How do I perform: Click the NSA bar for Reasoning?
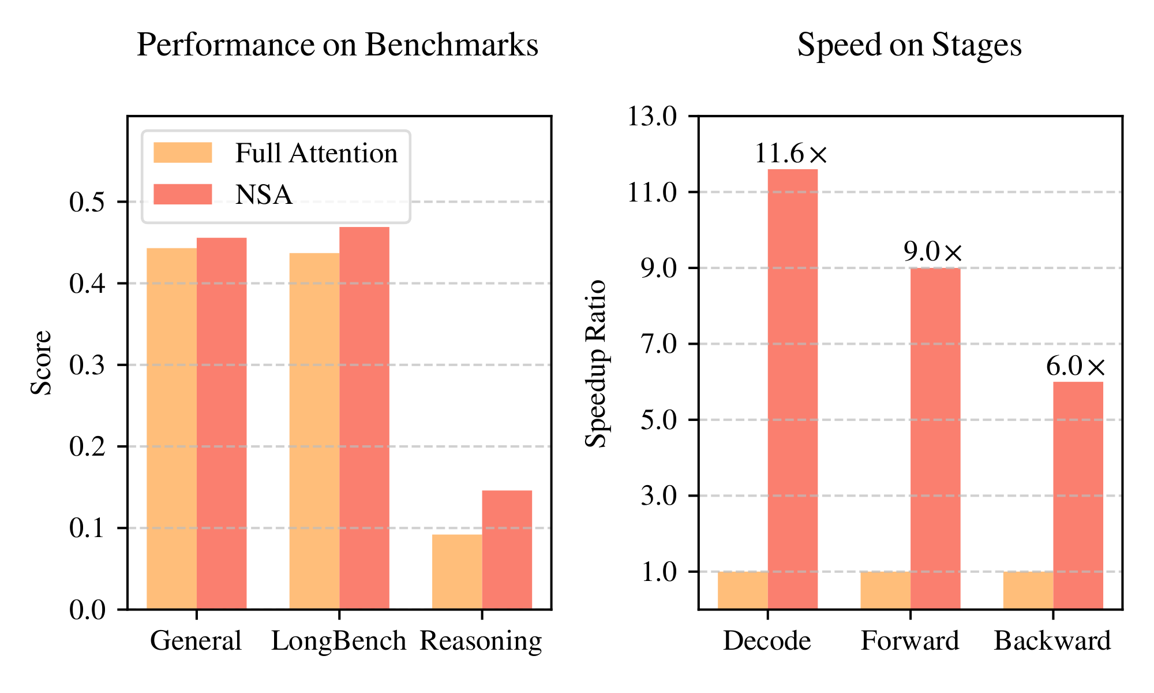click(507, 549)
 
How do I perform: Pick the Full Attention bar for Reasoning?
click(456, 572)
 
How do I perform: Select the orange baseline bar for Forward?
click(885, 590)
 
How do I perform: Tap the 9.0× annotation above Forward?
click(933, 252)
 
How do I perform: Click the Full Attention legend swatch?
click(182, 153)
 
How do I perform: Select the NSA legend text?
click(264, 195)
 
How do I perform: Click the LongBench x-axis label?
click(339, 641)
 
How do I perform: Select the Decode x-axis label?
click(767, 641)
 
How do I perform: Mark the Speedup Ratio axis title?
click(596, 364)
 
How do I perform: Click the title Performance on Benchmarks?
click(338, 45)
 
